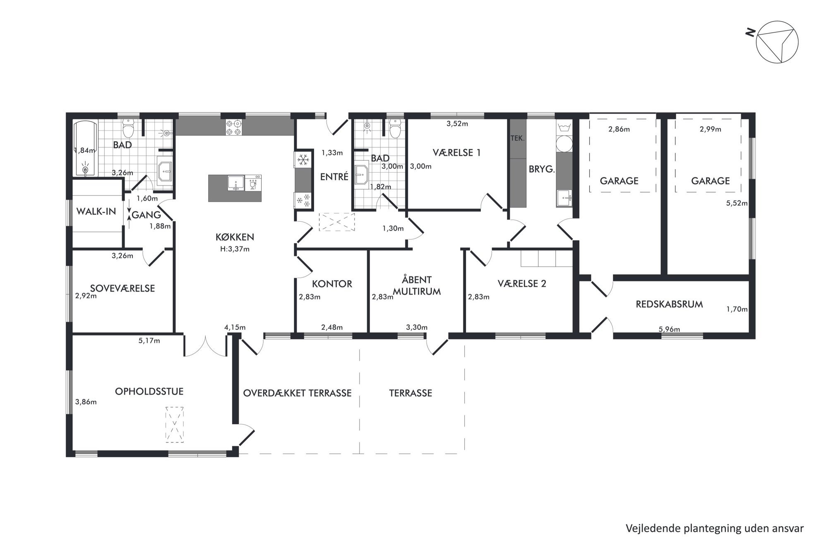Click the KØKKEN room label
tap(235, 237)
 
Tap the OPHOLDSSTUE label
tap(149, 391)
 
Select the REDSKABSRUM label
tap(669, 304)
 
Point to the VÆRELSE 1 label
tap(456, 152)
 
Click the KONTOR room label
tap(332, 284)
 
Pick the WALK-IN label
tap(96, 211)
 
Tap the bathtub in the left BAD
tap(86, 148)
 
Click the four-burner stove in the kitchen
tap(234, 127)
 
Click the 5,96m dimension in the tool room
tap(669, 329)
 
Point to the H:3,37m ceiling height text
tap(235, 249)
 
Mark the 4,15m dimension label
tap(235, 327)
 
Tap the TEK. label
tap(517, 138)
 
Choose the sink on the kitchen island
tap(235, 183)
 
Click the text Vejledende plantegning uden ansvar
tap(715, 529)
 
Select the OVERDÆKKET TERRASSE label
tap(297, 393)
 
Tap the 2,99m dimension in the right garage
tap(711, 129)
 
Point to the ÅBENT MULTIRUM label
tap(417, 285)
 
